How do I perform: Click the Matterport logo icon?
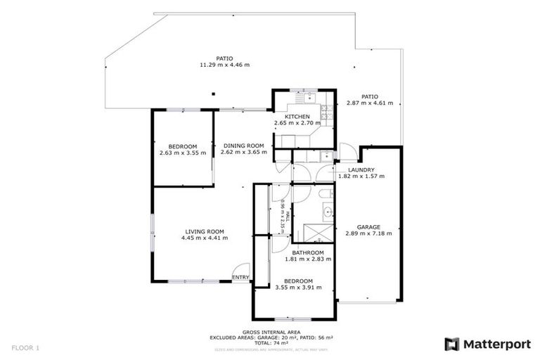coord(452,344)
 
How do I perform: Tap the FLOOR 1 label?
coord(26,347)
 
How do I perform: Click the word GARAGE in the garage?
coord(368,227)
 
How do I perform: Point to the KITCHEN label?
coord(297,117)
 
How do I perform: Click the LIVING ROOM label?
coord(205,231)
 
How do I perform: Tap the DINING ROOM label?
coord(239,146)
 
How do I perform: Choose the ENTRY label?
coord(240,277)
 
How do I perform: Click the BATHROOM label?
coord(308,252)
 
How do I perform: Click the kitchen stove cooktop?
coord(326,110)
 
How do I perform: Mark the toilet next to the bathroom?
coord(324,193)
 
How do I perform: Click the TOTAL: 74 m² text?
coord(271,342)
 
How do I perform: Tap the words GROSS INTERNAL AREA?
coord(271,332)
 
